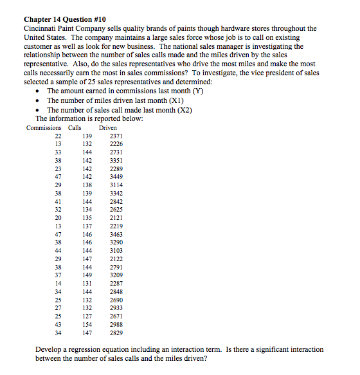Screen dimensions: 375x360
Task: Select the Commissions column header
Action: [44, 127]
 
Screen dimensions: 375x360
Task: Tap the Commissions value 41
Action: [57, 201]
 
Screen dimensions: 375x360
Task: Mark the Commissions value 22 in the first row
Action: [57, 136]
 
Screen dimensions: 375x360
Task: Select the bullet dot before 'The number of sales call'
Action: [40, 110]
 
